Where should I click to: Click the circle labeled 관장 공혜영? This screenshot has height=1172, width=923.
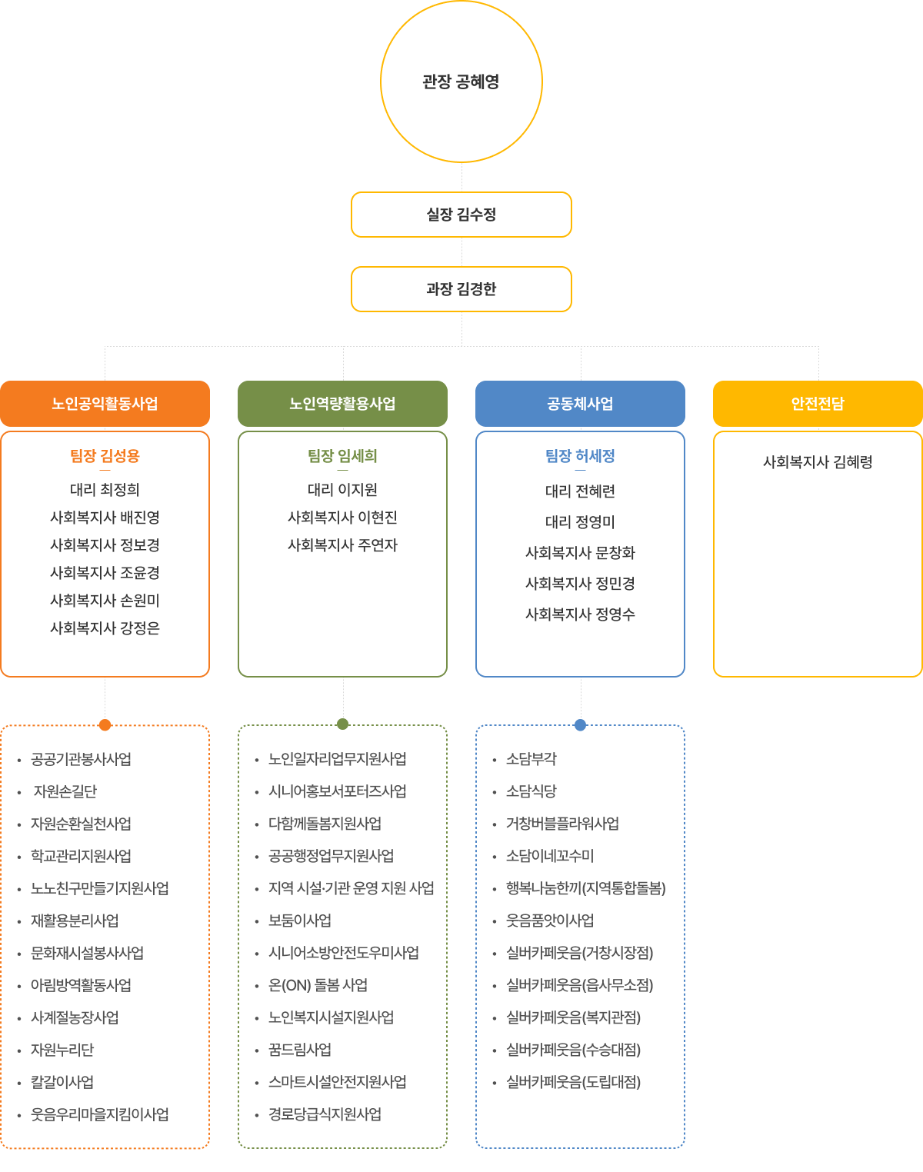(x=461, y=82)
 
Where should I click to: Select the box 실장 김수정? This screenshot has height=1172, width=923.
(x=461, y=215)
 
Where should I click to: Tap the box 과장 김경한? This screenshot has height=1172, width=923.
(x=461, y=289)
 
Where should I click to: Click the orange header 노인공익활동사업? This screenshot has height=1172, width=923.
(x=105, y=404)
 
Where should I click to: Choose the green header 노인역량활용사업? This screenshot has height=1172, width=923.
(x=342, y=404)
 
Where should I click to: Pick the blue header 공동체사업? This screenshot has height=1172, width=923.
(x=580, y=404)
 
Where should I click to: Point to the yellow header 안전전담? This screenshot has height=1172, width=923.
(x=818, y=404)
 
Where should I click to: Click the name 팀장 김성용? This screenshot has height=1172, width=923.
(x=105, y=456)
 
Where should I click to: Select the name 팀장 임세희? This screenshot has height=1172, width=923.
(x=342, y=456)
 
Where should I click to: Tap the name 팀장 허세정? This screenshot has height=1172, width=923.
(x=580, y=456)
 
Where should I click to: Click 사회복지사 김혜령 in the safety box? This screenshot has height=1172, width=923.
(x=818, y=462)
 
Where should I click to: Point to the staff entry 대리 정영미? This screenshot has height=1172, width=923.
(x=580, y=522)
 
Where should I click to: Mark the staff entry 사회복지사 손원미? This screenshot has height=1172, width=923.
(x=105, y=601)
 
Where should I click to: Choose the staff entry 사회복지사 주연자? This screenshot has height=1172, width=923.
(x=342, y=545)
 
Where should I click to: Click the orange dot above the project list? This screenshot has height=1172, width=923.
(x=105, y=724)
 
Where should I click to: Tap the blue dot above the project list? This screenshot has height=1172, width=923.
(x=581, y=724)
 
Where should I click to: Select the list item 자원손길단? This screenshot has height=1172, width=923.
(x=65, y=791)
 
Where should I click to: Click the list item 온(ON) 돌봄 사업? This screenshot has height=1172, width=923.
(x=318, y=985)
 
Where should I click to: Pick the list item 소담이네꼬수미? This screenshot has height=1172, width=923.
(x=550, y=856)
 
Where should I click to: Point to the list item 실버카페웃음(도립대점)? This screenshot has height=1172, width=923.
(x=573, y=1082)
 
